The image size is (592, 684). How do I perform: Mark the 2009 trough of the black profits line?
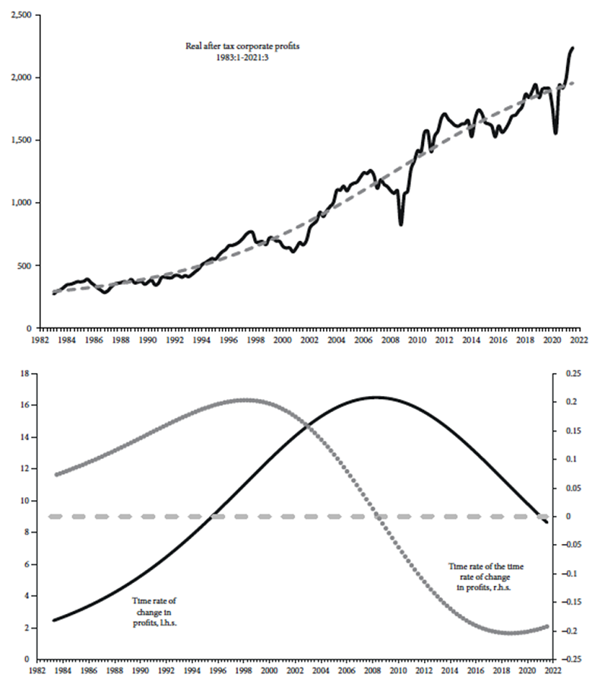coord(401,223)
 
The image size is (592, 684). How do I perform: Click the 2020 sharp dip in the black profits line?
coord(556,133)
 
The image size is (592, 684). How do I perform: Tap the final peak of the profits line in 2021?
coord(572,48)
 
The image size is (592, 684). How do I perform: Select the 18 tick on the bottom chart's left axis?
coord(24,374)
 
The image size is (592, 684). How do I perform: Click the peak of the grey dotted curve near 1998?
coord(245,400)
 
